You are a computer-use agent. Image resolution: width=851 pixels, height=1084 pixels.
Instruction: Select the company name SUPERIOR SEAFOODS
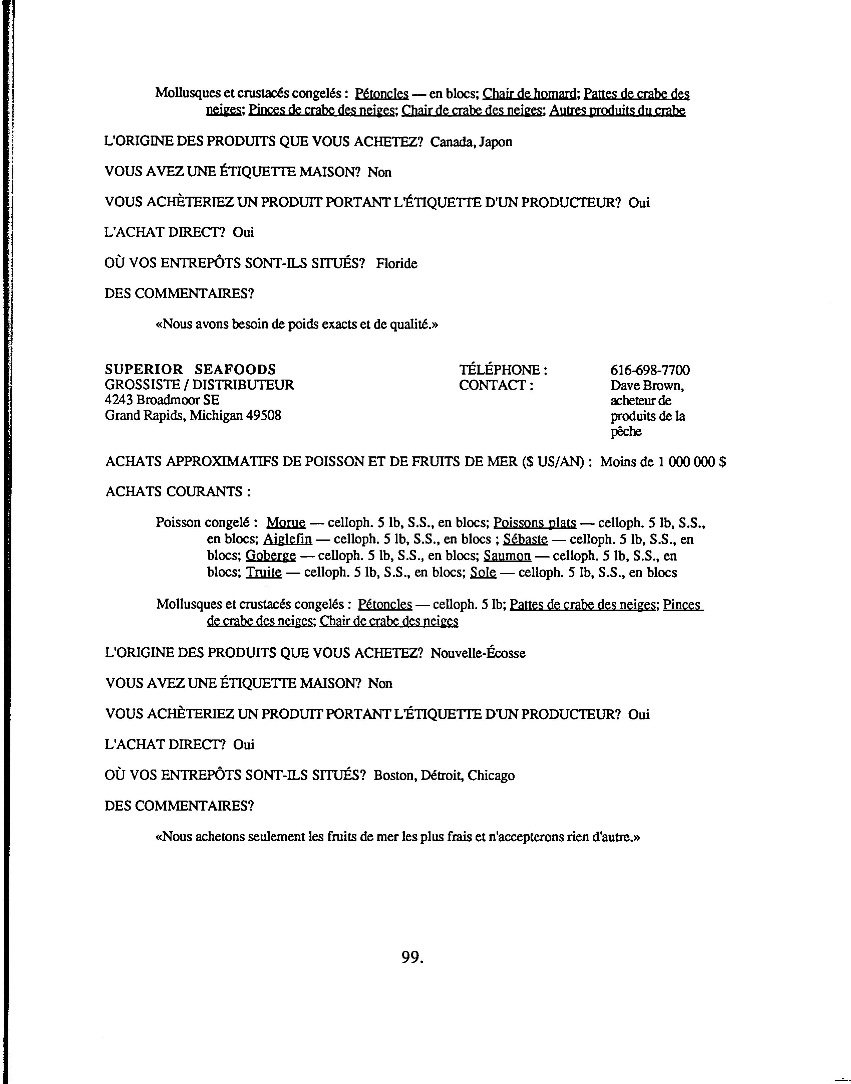point(190,369)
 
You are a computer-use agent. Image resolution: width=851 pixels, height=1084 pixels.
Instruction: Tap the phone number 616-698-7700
point(650,370)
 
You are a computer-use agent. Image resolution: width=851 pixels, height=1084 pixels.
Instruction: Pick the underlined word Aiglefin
point(287,539)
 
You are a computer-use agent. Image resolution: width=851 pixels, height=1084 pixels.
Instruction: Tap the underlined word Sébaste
point(525,539)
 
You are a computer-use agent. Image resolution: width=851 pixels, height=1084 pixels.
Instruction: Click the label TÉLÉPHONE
point(503,370)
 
